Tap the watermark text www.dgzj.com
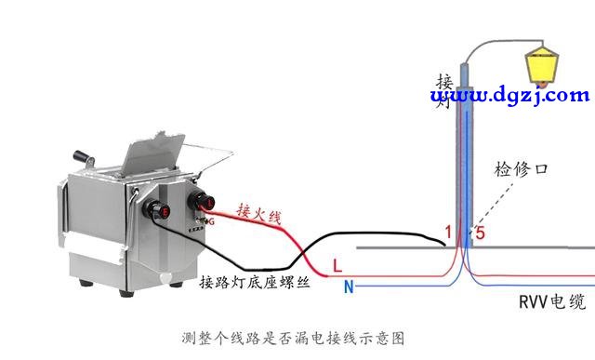[509, 95]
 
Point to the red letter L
[337, 267]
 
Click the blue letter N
[349, 287]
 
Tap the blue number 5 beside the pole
[481, 232]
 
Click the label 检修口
[522, 169]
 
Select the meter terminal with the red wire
[203, 200]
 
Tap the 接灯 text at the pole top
[444, 89]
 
